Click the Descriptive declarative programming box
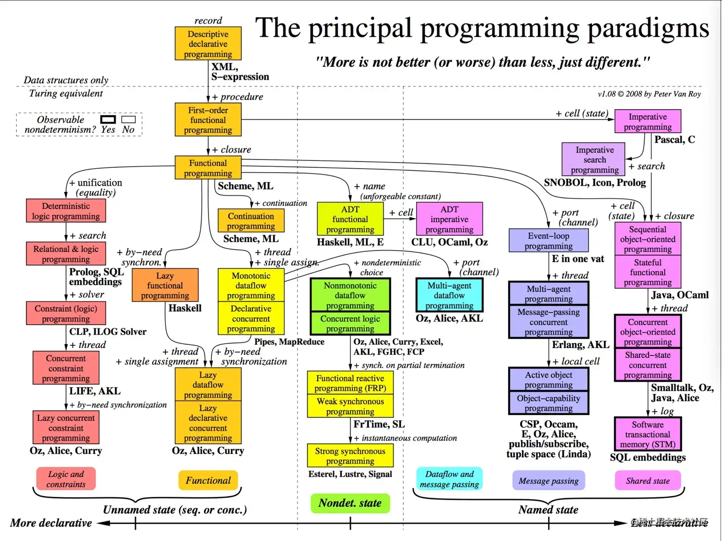[208, 44]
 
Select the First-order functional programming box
[208, 120]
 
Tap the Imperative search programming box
[594, 160]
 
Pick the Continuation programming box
[251, 221]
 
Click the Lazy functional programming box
[165, 285]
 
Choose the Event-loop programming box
[548, 240]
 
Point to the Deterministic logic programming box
[66, 211]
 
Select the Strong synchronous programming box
[350, 455]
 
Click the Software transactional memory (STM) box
[647, 434]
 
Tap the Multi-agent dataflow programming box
[449, 295]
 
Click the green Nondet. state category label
[350, 503]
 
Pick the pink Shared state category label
[647, 480]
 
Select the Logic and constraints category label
[66, 479]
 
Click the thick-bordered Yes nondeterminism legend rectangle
[108, 119]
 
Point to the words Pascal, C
[674, 139]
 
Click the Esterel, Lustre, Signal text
[350, 474]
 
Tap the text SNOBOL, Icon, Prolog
[595, 183]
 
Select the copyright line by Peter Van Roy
[649, 94]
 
